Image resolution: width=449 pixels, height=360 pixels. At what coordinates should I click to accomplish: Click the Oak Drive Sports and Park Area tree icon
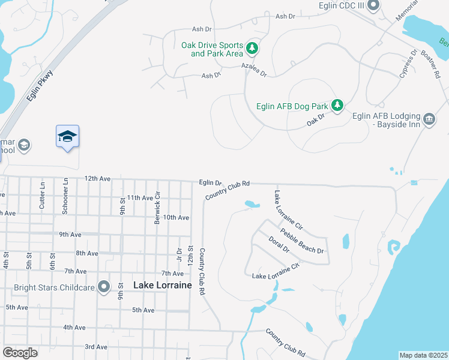point(253,47)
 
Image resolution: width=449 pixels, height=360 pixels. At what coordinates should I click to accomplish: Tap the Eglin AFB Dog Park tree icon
point(337,106)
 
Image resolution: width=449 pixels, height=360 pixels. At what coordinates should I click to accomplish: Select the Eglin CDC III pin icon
point(373,7)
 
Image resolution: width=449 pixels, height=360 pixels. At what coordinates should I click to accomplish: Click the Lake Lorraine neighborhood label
point(162,286)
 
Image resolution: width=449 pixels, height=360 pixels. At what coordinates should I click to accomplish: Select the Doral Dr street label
point(279,245)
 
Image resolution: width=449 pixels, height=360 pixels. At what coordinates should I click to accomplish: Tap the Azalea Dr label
point(253,70)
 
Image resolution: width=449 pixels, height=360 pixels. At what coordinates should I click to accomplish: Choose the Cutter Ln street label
point(42,194)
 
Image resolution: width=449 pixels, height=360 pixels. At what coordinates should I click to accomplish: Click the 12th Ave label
point(97,179)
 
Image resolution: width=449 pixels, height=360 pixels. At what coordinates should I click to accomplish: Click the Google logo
point(20,352)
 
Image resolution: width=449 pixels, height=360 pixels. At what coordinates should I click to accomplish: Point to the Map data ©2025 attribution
point(423,355)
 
